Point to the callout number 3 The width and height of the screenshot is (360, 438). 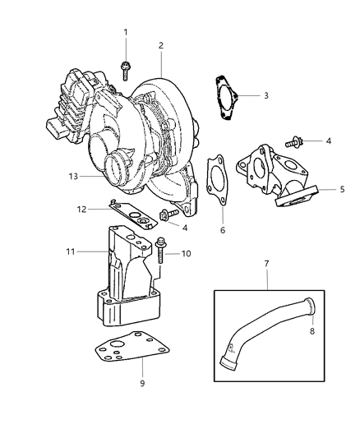pos(265,95)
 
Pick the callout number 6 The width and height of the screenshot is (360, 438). pos(221,232)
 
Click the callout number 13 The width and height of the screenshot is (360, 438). pos(73,176)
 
